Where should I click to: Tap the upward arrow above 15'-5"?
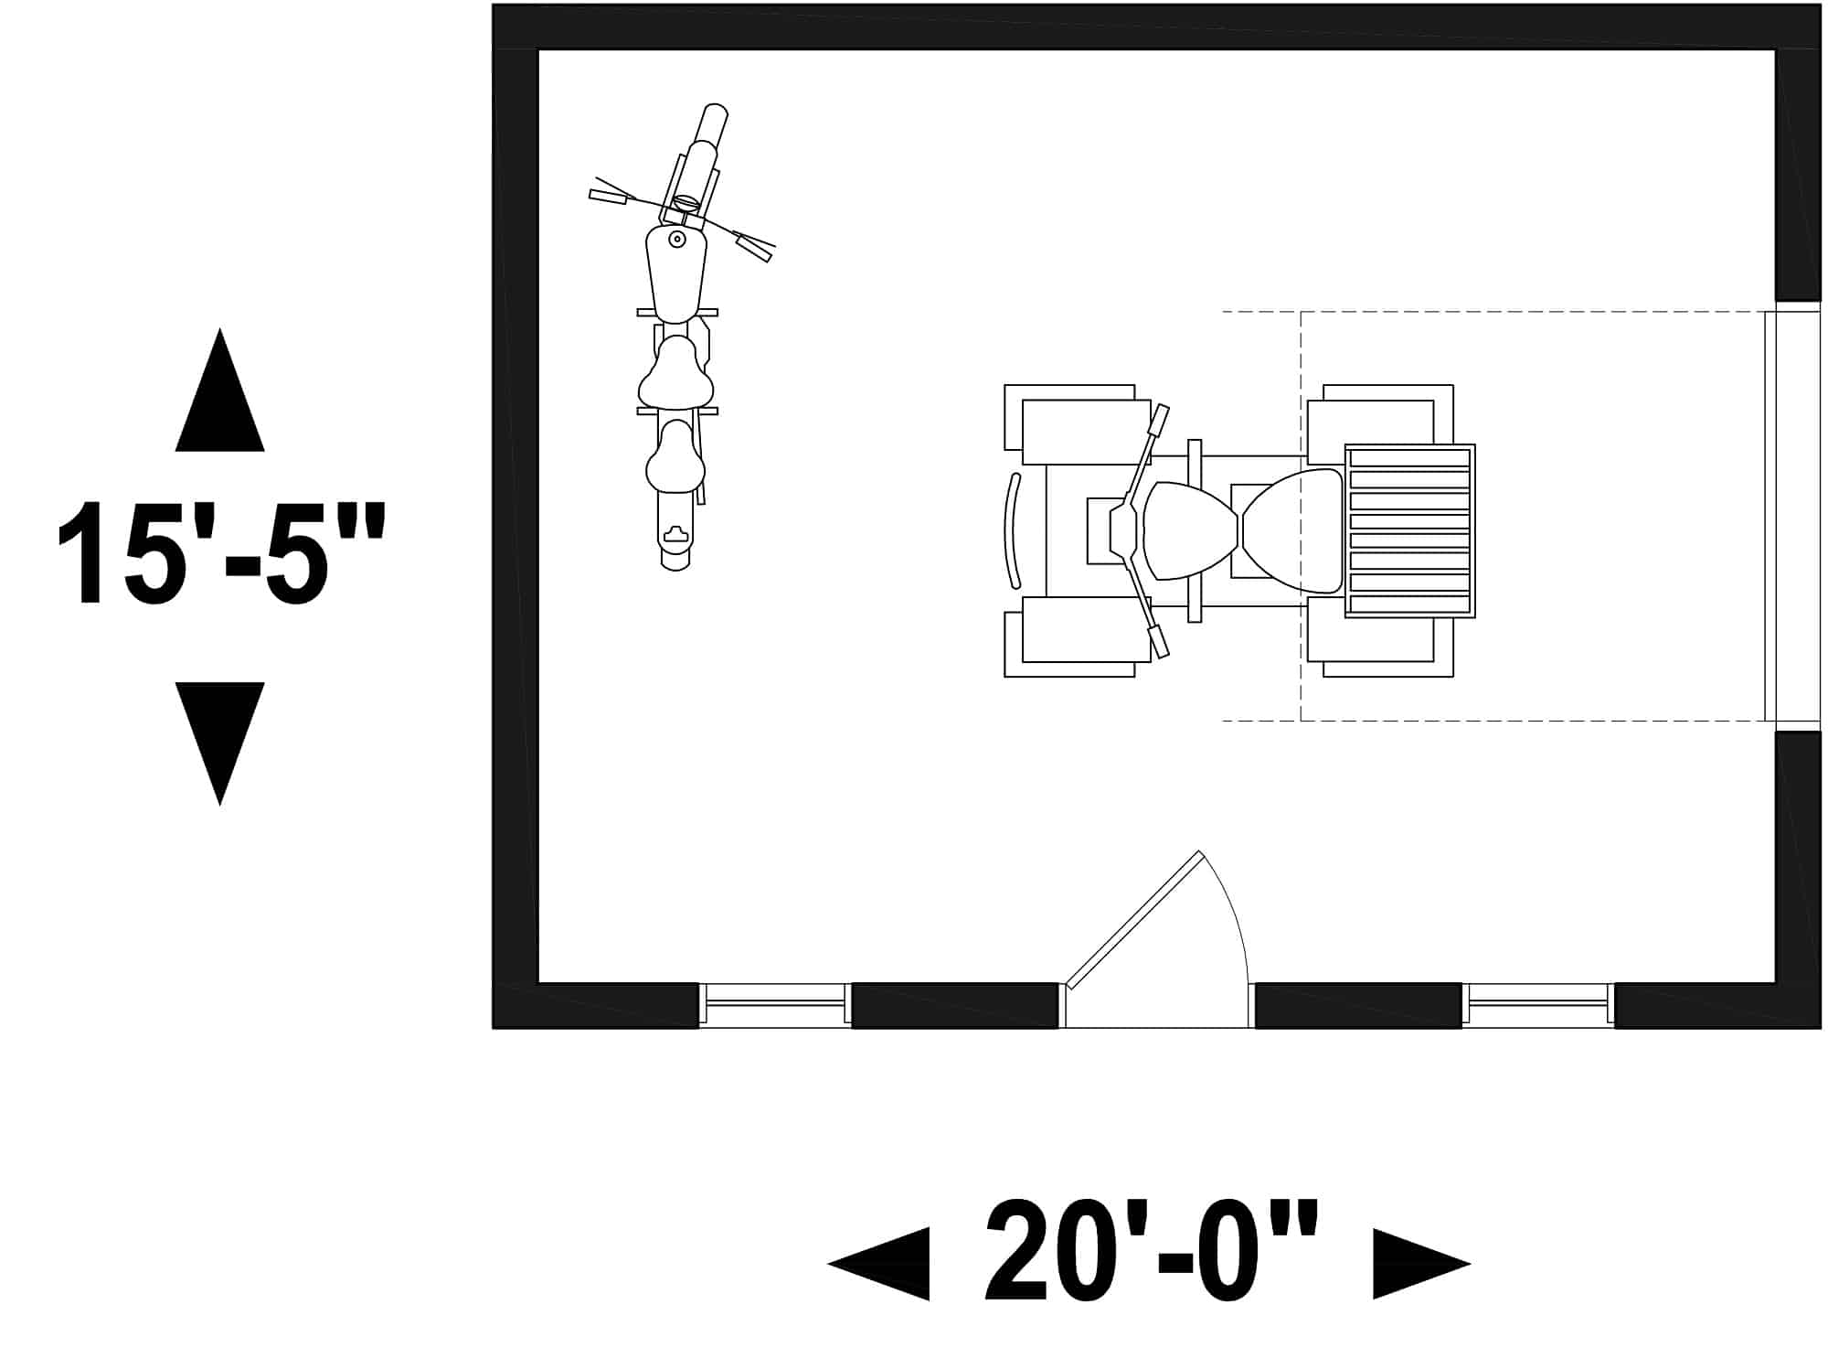[x=220, y=390]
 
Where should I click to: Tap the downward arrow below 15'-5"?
[x=220, y=743]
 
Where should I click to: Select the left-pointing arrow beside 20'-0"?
[x=878, y=1263]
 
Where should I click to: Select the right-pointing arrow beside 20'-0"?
[x=1422, y=1263]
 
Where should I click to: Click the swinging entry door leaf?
[x=1134, y=920]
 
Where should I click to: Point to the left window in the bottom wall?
[x=775, y=1003]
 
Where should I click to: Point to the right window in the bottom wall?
[x=1538, y=1003]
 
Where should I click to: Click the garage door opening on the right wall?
[x=1792, y=516]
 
